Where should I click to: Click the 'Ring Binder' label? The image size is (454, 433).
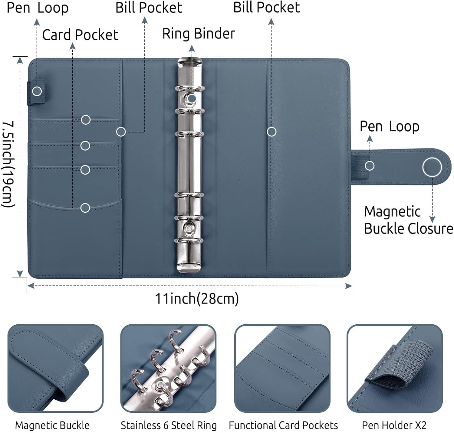199,34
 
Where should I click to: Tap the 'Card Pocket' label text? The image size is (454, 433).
80,35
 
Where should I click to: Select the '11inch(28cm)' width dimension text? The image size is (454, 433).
197,299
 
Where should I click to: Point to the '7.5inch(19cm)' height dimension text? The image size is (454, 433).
8,164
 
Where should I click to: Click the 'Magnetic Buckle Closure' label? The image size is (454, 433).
408,220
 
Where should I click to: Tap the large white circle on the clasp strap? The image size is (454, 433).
432,167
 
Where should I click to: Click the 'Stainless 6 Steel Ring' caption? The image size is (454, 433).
169,425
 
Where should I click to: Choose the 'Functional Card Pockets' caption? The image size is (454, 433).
283,425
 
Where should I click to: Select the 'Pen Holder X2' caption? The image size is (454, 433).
394,425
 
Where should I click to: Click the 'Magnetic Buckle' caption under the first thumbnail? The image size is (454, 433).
52,425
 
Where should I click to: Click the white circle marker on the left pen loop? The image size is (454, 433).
37,91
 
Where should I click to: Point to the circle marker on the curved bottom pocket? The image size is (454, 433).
85,208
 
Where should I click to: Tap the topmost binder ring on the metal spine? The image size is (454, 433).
189,88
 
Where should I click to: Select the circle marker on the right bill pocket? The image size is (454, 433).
271,132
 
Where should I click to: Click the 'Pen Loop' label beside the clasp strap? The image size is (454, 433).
390,126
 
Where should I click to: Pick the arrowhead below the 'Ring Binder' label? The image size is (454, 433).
192,48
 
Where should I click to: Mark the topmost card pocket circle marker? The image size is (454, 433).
86,120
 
